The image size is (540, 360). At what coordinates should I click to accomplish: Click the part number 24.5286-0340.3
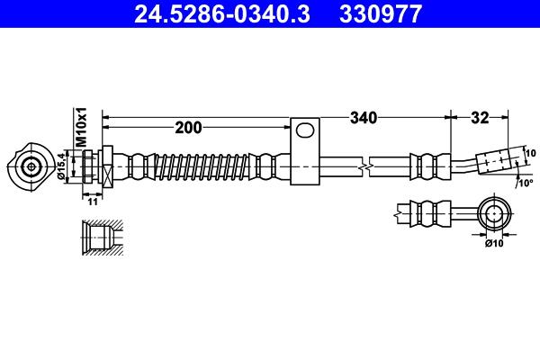tap(221, 13)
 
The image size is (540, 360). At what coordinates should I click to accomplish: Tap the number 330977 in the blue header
tap(381, 13)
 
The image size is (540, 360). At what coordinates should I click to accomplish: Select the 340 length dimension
tap(364, 118)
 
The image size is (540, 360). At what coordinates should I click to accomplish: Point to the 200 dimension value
tap(188, 128)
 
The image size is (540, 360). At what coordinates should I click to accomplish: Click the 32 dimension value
tap(480, 118)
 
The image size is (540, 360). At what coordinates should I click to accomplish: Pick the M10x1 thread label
tap(82, 127)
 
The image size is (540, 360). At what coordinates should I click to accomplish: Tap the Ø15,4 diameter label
tap(61, 166)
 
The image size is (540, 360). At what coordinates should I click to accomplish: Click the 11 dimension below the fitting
tap(93, 202)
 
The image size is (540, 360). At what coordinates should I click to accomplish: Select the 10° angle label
tap(526, 183)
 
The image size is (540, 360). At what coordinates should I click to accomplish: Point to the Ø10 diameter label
tap(494, 243)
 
